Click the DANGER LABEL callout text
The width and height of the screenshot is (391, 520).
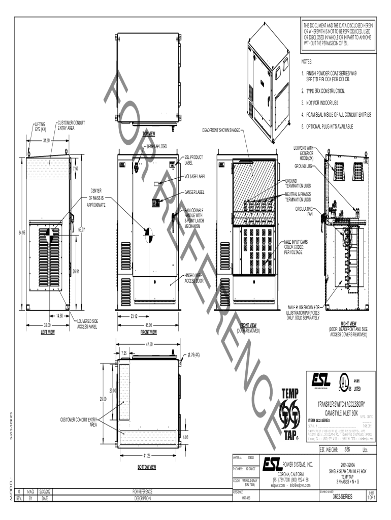[193, 192]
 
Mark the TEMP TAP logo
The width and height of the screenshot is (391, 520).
[292, 414]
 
